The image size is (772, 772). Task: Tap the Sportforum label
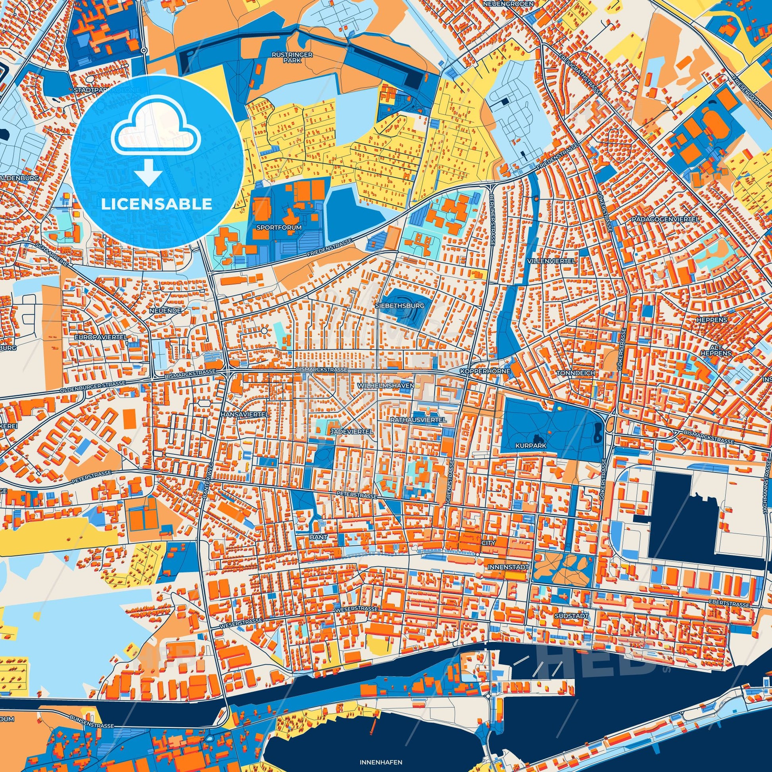tap(280, 227)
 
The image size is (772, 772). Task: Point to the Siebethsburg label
tap(394, 305)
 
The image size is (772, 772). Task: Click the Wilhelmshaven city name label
tap(386, 386)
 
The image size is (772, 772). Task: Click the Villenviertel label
tap(551, 261)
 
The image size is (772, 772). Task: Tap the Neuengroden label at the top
tap(502, 4)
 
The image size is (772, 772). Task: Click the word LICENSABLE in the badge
tap(156, 204)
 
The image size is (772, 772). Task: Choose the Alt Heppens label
tap(721, 350)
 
